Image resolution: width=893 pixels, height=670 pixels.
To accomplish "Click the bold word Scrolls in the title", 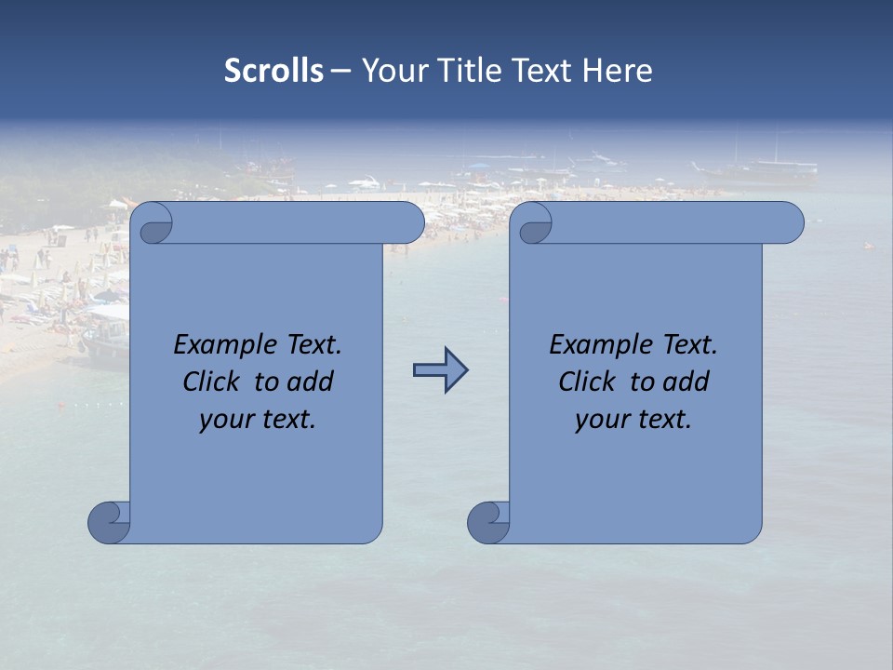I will pyautogui.click(x=273, y=70).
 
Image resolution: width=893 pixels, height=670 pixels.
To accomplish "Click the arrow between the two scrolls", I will pyautogui.click(x=440, y=370).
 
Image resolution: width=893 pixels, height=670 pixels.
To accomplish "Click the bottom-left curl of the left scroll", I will pyautogui.click(x=110, y=521).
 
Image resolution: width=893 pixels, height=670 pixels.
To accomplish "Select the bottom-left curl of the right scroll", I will pyautogui.click(x=488, y=521).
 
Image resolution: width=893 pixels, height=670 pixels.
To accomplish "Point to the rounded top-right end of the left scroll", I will pyautogui.click(x=409, y=222).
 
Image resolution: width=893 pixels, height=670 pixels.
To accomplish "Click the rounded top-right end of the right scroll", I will pyautogui.click(x=789, y=222).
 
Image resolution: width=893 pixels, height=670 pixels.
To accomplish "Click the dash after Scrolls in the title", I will pyautogui.click(x=340, y=70).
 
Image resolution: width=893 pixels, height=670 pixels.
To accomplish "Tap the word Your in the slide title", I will pyautogui.click(x=393, y=70).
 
